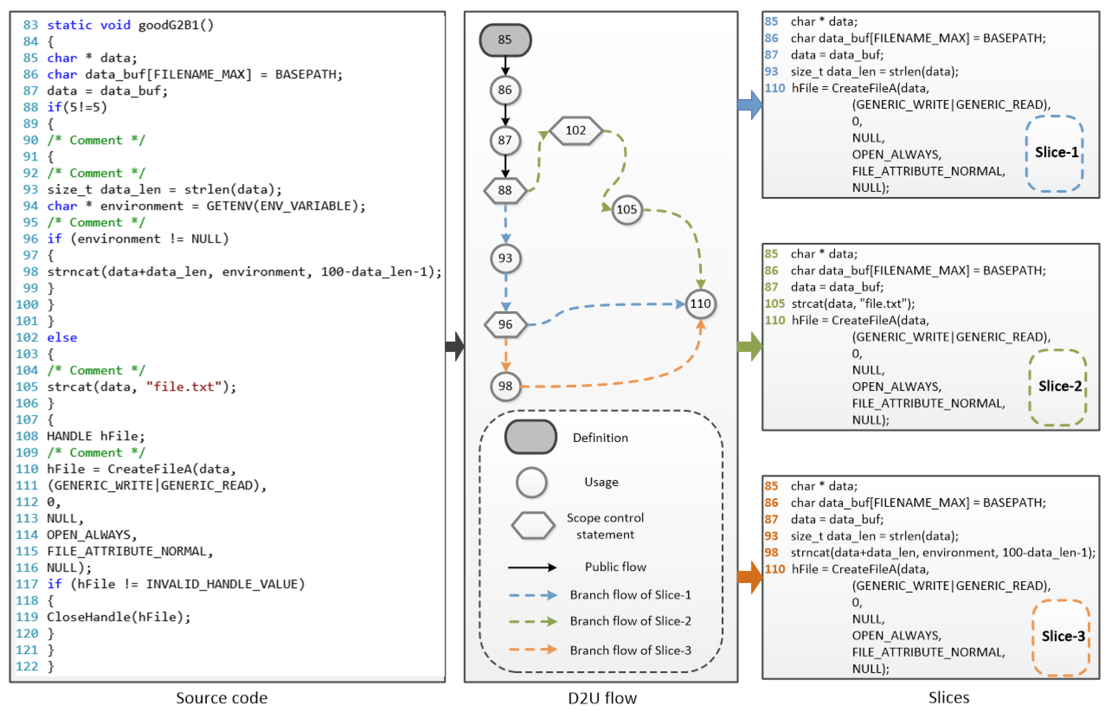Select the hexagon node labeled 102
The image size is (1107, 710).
click(x=575, y=131)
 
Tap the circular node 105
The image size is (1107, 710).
click(x=626, y=210)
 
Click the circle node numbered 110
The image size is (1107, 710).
click(x=700, y=304)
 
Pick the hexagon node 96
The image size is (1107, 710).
click(x=505, y=325)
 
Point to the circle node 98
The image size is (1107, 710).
click(x=505, y=386)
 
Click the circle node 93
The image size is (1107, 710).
click(x=505, y=258)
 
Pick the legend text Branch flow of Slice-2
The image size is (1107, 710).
click(x=630, y=621)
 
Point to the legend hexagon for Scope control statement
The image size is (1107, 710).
click(x=532, y=525)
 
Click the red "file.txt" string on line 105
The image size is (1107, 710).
click(x=184, y=386)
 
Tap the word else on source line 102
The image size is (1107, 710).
click(x=62, y=338)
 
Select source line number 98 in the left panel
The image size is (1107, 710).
click(x=30, y=271)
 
